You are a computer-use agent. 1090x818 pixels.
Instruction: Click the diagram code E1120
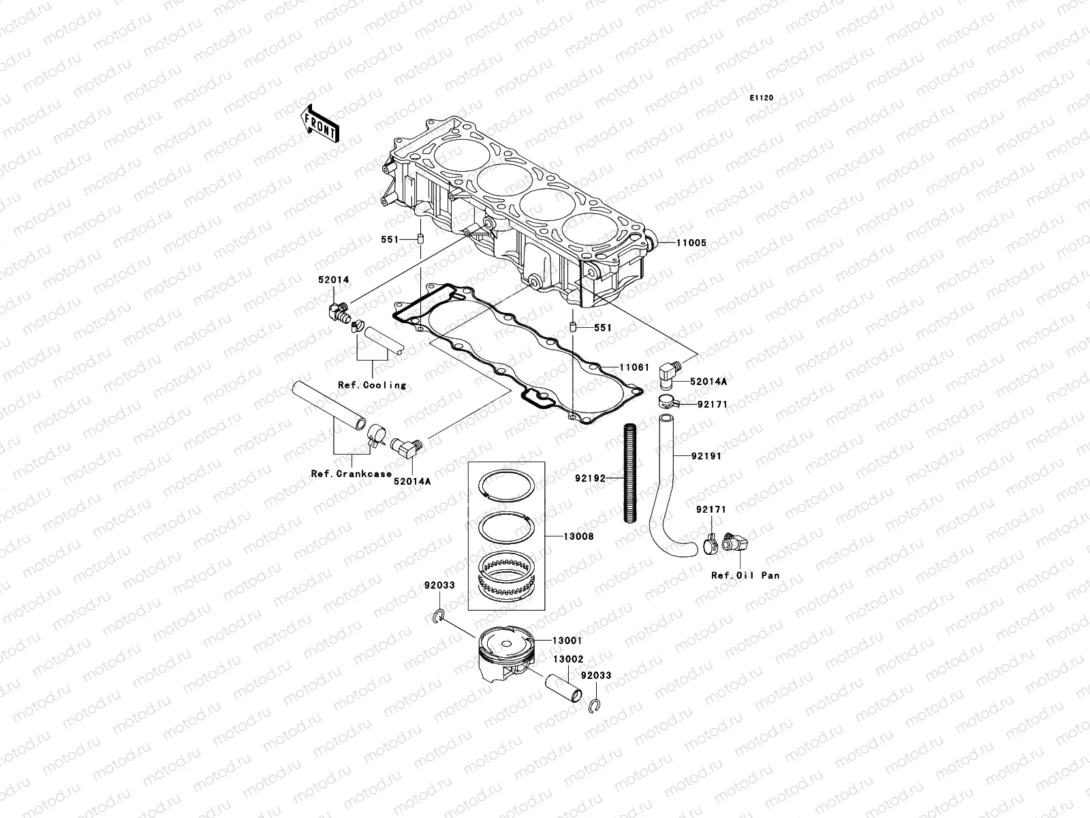pyautogui.click(x=762, y=98)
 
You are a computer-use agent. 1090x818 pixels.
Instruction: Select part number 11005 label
pyautogui.click(x=691, y=243)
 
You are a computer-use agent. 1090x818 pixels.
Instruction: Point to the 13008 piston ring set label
pyautogui.click(x=578, y=536)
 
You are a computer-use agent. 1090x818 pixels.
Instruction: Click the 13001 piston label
pyautogui.click(x=567, y=641)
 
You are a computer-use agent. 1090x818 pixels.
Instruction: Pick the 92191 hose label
pyautogui.click(x=706, y=456)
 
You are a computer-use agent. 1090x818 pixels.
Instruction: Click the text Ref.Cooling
pyautogui.click(x=372, y=385)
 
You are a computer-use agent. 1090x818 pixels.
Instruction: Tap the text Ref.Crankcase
pyautogui.click(x=352, y=474)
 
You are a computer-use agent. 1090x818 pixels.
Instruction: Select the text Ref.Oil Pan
pyautogui.click(x=745, y=575)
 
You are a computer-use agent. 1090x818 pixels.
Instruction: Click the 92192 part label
pyautogui.click(x=590, y=478)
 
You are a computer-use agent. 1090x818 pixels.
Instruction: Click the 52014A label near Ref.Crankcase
pyautogui.click(x=411, y=481)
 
